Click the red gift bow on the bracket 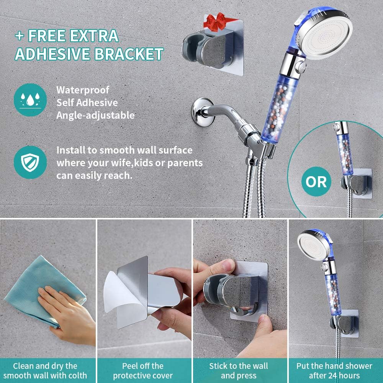tap(215, 22)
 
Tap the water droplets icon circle tap(30, 100)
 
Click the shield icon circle tap(30, 162)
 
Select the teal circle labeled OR tap(316, 182)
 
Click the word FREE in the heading tap(47, 36)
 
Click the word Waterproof tap(83, 90)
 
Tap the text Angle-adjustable tap(95, 115)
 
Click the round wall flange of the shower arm tap(202, 112)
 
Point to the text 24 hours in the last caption tap(345, 375)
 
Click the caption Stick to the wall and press tap(238, 370)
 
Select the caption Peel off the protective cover tap(142, 370)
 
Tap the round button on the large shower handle tap(300, 66)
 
